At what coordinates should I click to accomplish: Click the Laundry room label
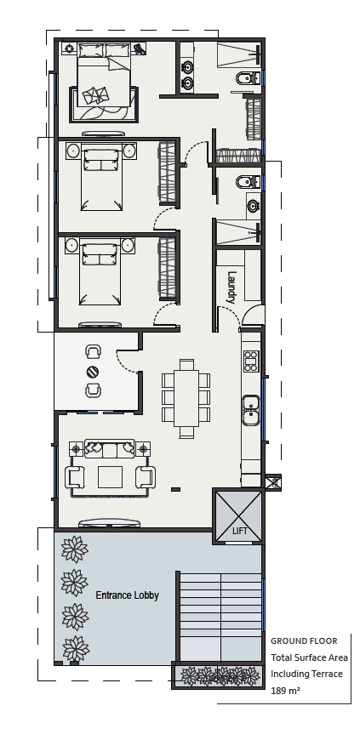[x=231, y=287]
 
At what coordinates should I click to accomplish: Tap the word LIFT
[x=241, y=532]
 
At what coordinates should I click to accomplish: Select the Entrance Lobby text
[x=127, y=595]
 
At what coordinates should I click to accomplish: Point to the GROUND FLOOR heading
[x=303, y=640]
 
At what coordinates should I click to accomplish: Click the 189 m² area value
[x=285, y=692]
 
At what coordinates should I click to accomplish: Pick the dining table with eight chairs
[x=186, y=397]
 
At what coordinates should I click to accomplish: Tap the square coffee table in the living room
[x=111, y=476]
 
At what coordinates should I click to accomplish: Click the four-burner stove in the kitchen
[x=251, y=361]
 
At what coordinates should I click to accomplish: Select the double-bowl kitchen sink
[x=251, y=409]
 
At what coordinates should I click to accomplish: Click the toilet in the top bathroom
[x=243, y=80]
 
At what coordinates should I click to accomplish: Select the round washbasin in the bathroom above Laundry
[x=253, y=206]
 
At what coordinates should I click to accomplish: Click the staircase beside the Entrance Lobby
[x=220, y=618]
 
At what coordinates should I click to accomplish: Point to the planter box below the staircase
[x=219, y=676]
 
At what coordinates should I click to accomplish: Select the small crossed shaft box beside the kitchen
[x=272, y=482]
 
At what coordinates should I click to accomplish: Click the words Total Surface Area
[x=309, y=657]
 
